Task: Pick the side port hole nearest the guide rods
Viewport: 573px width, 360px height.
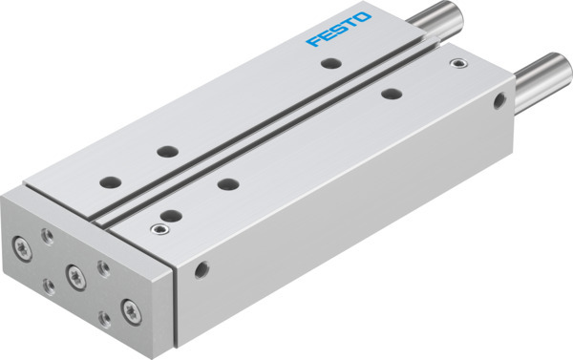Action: click(x=499, y=100)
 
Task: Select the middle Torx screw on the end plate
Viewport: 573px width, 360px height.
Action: click(x=74, y=274)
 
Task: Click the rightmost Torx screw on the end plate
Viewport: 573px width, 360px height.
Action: click(x=127, y=307)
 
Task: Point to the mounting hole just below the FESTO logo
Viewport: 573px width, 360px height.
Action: click(x=329, y=64)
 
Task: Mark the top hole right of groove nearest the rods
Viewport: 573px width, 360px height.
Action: click(x=390, y=94)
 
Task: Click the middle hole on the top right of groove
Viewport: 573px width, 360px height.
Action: click(x=226, y=183)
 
